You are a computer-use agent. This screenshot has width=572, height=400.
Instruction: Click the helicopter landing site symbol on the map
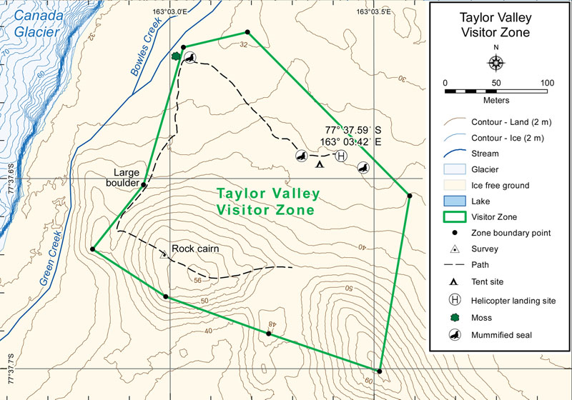tap(341, 156)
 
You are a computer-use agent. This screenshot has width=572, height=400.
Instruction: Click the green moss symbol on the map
tap(176, 56)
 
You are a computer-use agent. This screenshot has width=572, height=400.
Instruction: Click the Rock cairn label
tap(194, 249)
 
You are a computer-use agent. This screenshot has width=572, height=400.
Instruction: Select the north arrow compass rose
tap(495, 62)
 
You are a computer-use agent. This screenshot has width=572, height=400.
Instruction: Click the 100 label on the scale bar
tap(547, 83)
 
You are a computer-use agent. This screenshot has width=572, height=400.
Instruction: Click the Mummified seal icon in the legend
tap(455, 334)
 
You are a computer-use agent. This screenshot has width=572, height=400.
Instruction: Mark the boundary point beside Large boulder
tap(144, 184)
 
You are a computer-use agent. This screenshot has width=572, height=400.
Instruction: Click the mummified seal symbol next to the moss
tap(190, 58)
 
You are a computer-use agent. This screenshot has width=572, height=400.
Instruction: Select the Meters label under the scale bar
tap(495, 101)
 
